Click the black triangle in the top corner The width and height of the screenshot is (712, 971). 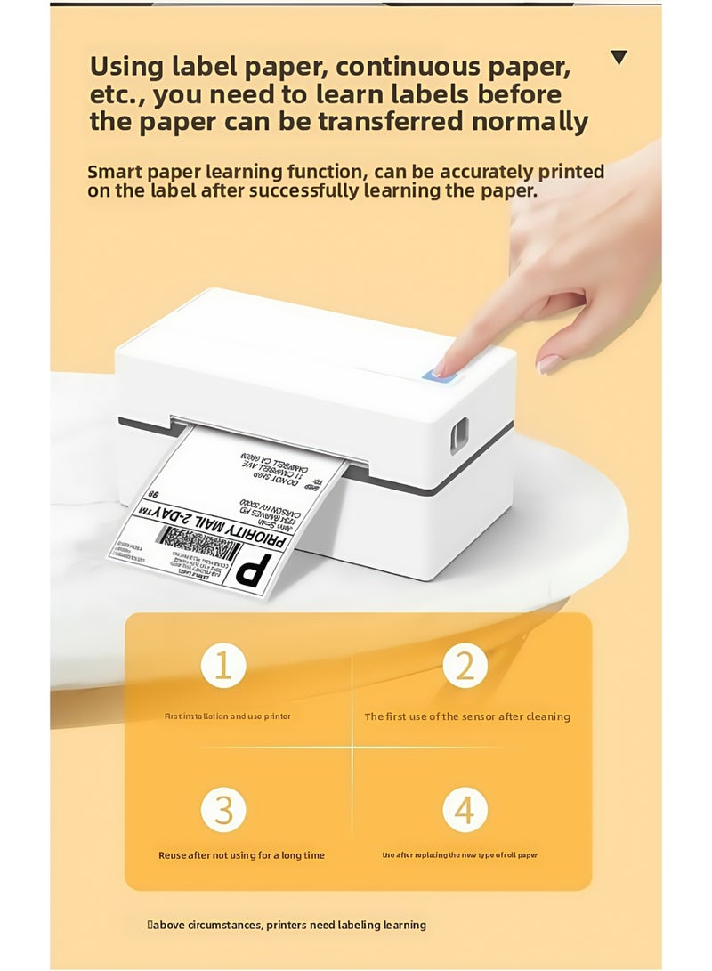click(619, 59)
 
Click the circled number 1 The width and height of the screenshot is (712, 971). click(222, 666)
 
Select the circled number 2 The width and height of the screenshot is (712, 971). click(465, 666)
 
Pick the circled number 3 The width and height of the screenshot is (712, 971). click(222, 811)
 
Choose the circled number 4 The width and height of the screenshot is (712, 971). click(465, 811)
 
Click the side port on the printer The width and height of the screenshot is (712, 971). click(459, 434)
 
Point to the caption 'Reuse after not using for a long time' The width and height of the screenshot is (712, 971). click(241, 855)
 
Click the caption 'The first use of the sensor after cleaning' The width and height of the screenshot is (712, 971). click(467, 716)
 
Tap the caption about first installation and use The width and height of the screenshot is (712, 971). click(228, 716)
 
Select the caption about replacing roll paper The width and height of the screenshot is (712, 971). click(460, 855)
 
